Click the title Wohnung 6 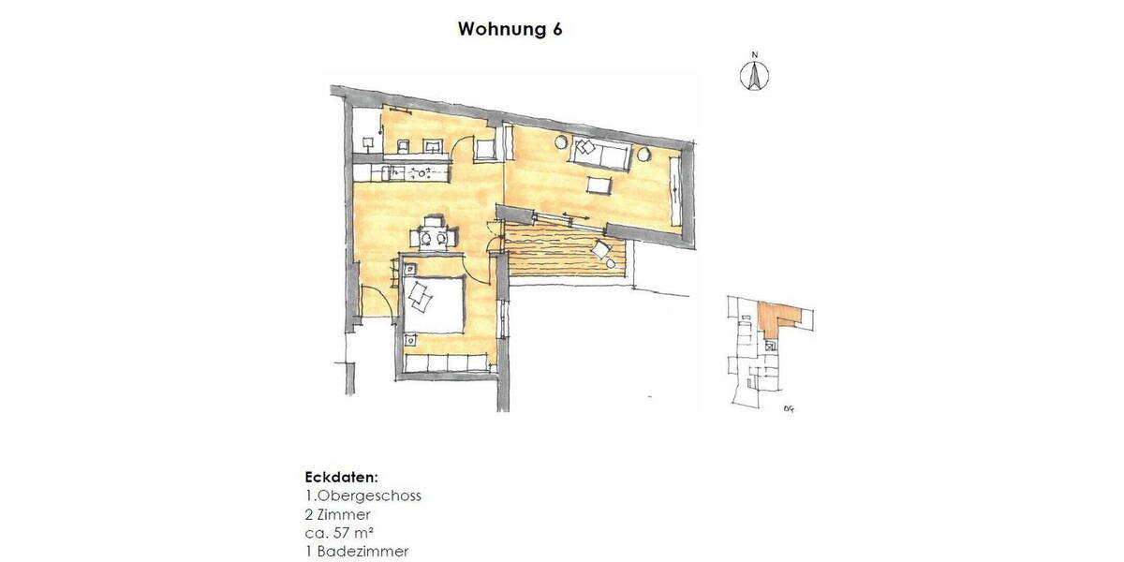pos(510,29)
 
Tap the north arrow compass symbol pos(754,75)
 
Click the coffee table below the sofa pos(599,185)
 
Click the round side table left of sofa pos(561,142)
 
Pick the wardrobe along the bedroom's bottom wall pos(447,362)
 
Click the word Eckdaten pos(341,477)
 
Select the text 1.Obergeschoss pos(363,495)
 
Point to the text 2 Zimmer pos(338,514)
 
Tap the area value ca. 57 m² pos(341,533)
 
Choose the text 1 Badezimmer pos(357,552)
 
